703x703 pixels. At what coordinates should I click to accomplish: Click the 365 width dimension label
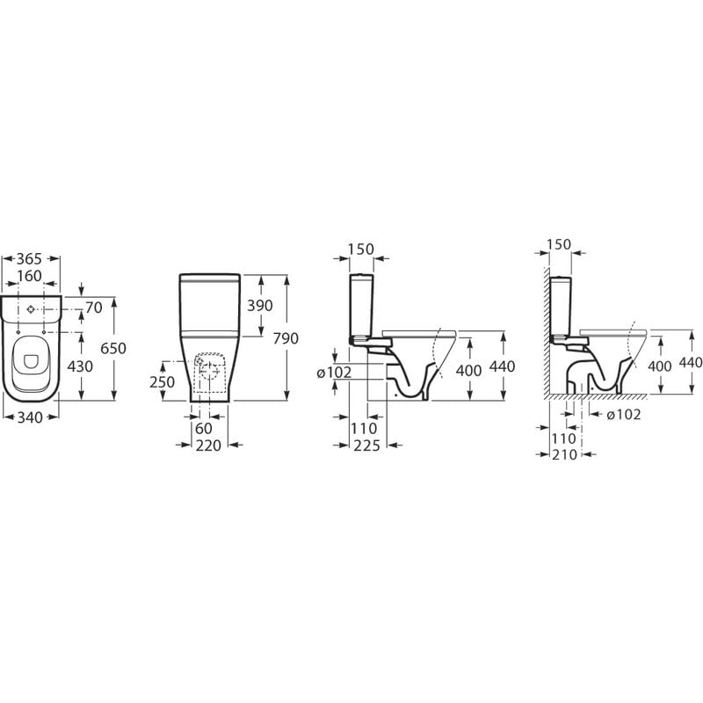pyautogui.click(x=29, y=258)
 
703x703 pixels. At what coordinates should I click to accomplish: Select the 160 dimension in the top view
pyautogui.click(x=30, y=276)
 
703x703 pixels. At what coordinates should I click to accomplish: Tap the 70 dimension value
pyautogui.click(x=94, y=308)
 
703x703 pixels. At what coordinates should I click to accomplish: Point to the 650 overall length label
pyautogui.click(x=113, y=348)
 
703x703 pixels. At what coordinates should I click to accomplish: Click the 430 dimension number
pyautogui.click(x=80, y=366)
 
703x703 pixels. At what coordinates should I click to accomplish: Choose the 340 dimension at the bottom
pyautogui.click(x=31, y=417)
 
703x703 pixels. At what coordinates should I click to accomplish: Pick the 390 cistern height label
pyautogui.click(x=260, y=305)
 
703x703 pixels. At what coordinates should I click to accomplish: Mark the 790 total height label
pyautogui.click(x=286, y=338)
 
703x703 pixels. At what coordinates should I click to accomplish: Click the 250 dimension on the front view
pyautogui.click(x=163, y=381)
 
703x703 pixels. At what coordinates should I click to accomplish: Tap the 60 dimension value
pyautogui.click(x=204, y=428)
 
